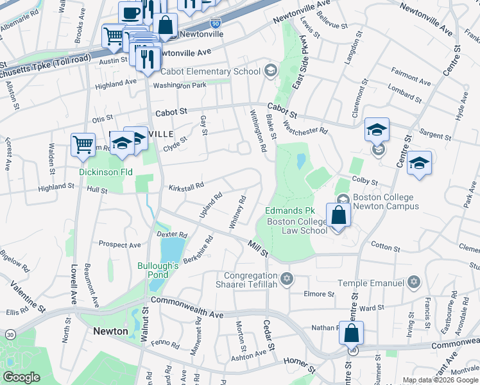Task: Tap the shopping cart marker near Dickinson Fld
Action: pyautogui.click(x=83, y=144)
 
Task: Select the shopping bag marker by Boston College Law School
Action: pyautogui.click(x=338, y=215)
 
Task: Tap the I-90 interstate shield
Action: pyautogui.click(x=216, y=22)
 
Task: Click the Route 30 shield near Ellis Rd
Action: pyautogui.click(x=10, y=334)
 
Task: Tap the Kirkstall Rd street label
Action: pyautogui.click(x=186, y=185)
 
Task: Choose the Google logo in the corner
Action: pyautogui.click(x=22, y=377)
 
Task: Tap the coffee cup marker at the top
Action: pyautogui.click(x=130, y=12)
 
